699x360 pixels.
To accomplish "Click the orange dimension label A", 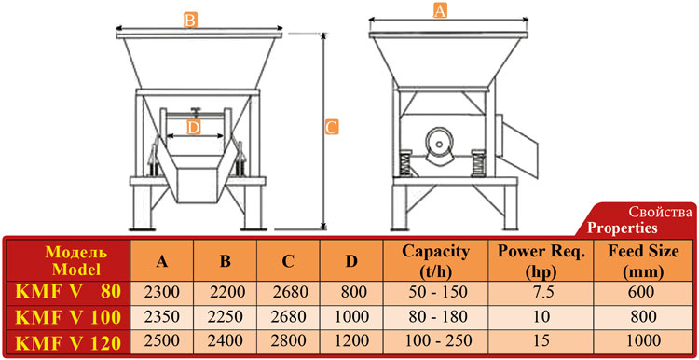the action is pos(440,11).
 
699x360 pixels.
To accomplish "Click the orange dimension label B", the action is pos(190,21).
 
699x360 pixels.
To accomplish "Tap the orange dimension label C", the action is pos(332,127).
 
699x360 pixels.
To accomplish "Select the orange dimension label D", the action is pos(193,128).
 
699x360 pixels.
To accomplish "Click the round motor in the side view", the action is pos(440,144).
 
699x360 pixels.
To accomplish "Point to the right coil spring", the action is pos(478,163).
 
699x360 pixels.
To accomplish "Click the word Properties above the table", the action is pos(622,228).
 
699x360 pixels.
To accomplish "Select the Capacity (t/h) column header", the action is pos(435,261).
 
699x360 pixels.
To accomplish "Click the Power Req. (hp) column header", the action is pos(541,261).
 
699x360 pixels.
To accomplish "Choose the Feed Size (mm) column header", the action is pos(643,261).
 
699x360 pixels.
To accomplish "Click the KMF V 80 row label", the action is pos(68,292).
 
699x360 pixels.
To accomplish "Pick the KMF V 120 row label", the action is pos(68,342).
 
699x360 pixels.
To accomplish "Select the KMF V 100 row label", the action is pos(68,317).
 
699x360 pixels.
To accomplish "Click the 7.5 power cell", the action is pos(541,292).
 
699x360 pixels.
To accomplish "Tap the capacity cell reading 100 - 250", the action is pos(437,341).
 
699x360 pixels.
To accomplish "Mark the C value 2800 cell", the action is pos(290,341).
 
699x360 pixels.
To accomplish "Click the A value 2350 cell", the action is pos(161,317).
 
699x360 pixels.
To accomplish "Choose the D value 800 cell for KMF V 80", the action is pos(353,292).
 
